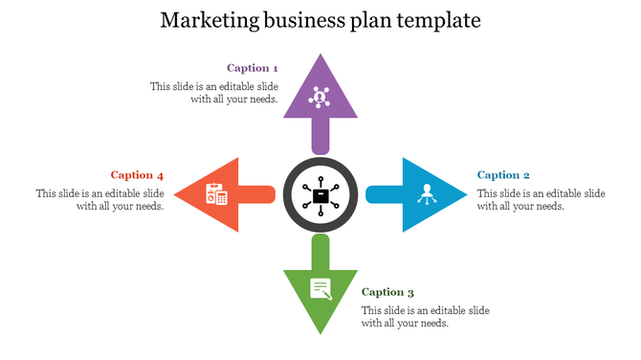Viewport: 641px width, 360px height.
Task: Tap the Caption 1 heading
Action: click(x=253, y=68)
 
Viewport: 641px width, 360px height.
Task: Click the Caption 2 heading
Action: click(x=503, y=175)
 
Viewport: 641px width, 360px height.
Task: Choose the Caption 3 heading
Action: click(x=387, y=292)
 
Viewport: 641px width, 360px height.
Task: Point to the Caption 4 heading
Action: click(x=137, y=175)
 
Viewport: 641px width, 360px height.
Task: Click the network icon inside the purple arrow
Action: click(x=320, y=97)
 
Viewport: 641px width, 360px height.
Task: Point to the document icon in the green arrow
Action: click(x=320, y=287)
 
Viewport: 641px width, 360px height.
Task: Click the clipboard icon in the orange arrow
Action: click(x=216, y=193)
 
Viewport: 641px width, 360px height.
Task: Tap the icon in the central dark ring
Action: click(x=320, y=195)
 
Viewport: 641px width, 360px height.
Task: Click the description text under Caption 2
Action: click(x=541, y=199)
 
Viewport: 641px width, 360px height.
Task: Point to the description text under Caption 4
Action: click(x=100, y=199)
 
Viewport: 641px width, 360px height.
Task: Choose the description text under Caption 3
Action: click(x=425, y=317)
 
